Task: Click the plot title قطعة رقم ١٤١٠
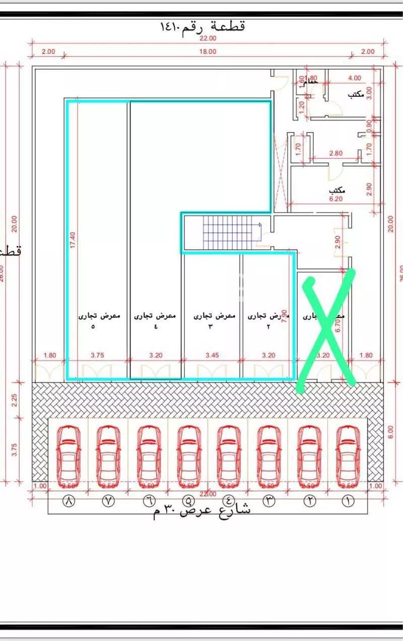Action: pos(201,26)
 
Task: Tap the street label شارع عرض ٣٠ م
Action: pos(201,510)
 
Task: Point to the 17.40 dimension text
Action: pos(73,240)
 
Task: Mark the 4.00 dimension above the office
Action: pos(355,78)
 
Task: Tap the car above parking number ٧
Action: pos(108,454)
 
